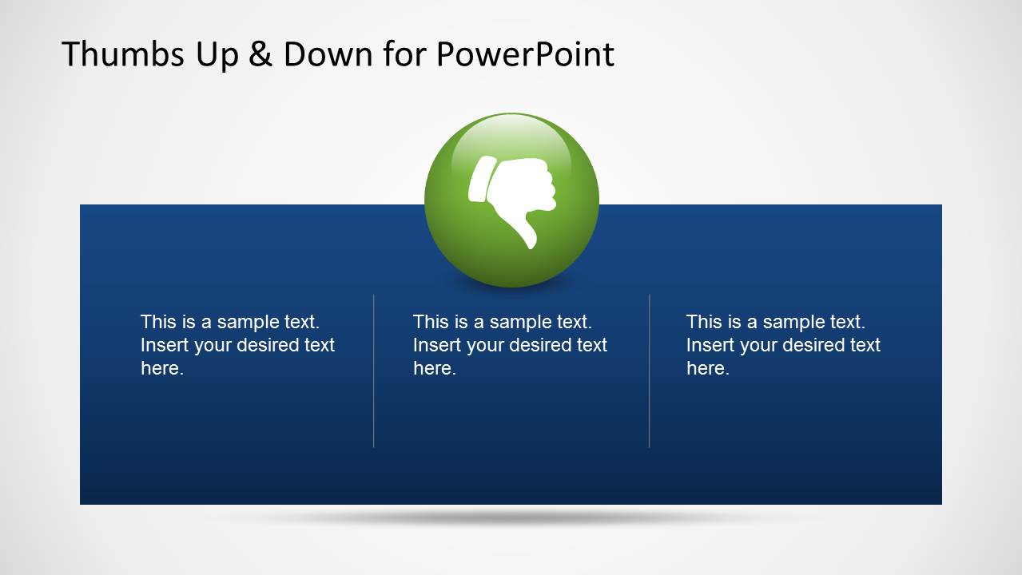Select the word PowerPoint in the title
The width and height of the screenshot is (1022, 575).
(525, 54)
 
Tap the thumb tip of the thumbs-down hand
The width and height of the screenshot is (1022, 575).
(528, 240)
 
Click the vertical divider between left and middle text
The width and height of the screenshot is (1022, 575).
(373, 371)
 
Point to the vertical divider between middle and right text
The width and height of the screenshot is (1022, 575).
(649, 371)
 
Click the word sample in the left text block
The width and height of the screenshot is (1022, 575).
(248, 322)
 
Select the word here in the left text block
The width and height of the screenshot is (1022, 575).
(161, 368)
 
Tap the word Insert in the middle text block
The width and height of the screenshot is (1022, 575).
(436, 345)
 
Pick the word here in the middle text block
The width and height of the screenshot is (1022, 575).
(434, 368)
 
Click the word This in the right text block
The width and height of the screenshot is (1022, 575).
(703, 322)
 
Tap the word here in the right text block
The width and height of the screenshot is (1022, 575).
(707, 368)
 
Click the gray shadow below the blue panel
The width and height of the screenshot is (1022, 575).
(511, 517)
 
